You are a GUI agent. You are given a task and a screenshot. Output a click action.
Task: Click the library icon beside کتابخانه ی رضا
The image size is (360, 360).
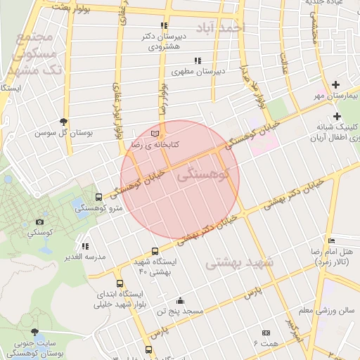coord(155,133)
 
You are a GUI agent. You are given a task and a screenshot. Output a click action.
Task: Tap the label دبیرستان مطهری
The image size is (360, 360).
coord(199,71)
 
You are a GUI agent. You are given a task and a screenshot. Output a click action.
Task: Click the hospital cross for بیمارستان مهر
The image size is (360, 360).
coord(336,84)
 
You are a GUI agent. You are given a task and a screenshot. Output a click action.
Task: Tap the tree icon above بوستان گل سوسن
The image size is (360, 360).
coord(64,121)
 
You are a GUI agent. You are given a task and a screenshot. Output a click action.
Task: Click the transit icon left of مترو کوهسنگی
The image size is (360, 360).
coord(98,197)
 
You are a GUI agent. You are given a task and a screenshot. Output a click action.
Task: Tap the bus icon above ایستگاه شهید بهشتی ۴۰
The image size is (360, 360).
coord(155,251)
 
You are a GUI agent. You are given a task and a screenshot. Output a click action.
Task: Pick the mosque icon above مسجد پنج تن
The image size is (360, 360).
coord(181,300)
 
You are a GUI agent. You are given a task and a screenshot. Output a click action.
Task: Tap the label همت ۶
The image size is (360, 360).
coord(266,342)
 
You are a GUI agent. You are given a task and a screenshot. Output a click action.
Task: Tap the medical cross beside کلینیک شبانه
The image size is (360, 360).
coord(336,116)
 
